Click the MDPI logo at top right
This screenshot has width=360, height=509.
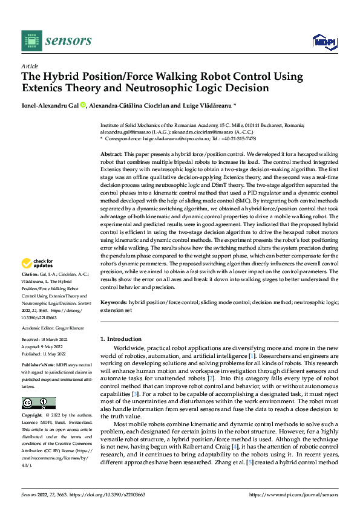point(324,41)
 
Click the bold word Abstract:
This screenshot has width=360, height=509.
point(112,155)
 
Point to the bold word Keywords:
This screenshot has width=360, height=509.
point(114,301)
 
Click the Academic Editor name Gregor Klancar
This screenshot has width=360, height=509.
point(67,328)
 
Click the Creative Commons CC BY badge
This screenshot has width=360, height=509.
point(38,403)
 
